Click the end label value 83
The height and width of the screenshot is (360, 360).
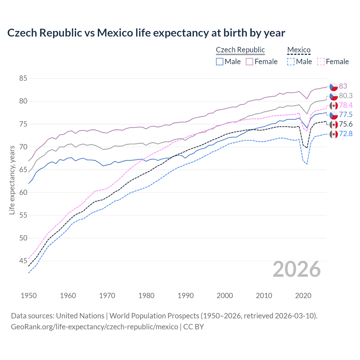click(343, 86)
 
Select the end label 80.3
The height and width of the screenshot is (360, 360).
click(346, 96)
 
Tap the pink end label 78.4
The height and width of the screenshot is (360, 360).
click(346, 105)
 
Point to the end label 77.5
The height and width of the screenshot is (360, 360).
click(346, 114)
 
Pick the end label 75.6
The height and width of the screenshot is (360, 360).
click(346, 124)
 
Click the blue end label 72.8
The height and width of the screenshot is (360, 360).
click(346, 134)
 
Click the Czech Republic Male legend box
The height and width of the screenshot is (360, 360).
click(220, 62)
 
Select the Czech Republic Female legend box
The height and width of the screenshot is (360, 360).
click(249, 62)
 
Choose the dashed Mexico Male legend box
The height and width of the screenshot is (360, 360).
click(291, 62)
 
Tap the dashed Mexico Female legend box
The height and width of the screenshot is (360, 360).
click(321, 62)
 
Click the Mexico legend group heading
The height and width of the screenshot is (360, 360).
click(299, 50)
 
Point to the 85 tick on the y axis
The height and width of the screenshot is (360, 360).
click(23, 78)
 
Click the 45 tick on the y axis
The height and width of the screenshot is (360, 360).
click(23, 261)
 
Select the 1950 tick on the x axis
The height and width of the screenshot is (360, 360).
click(29, 296)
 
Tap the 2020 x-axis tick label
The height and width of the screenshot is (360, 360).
click(303, 296)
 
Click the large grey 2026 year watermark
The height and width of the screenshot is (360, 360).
click(296, 269)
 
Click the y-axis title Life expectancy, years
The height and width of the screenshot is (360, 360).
click(12, 180)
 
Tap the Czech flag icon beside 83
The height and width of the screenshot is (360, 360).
click(334, 86)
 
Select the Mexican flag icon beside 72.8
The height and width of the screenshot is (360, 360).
click(334, 134)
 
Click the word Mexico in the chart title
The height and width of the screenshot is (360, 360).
click(115, 33)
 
